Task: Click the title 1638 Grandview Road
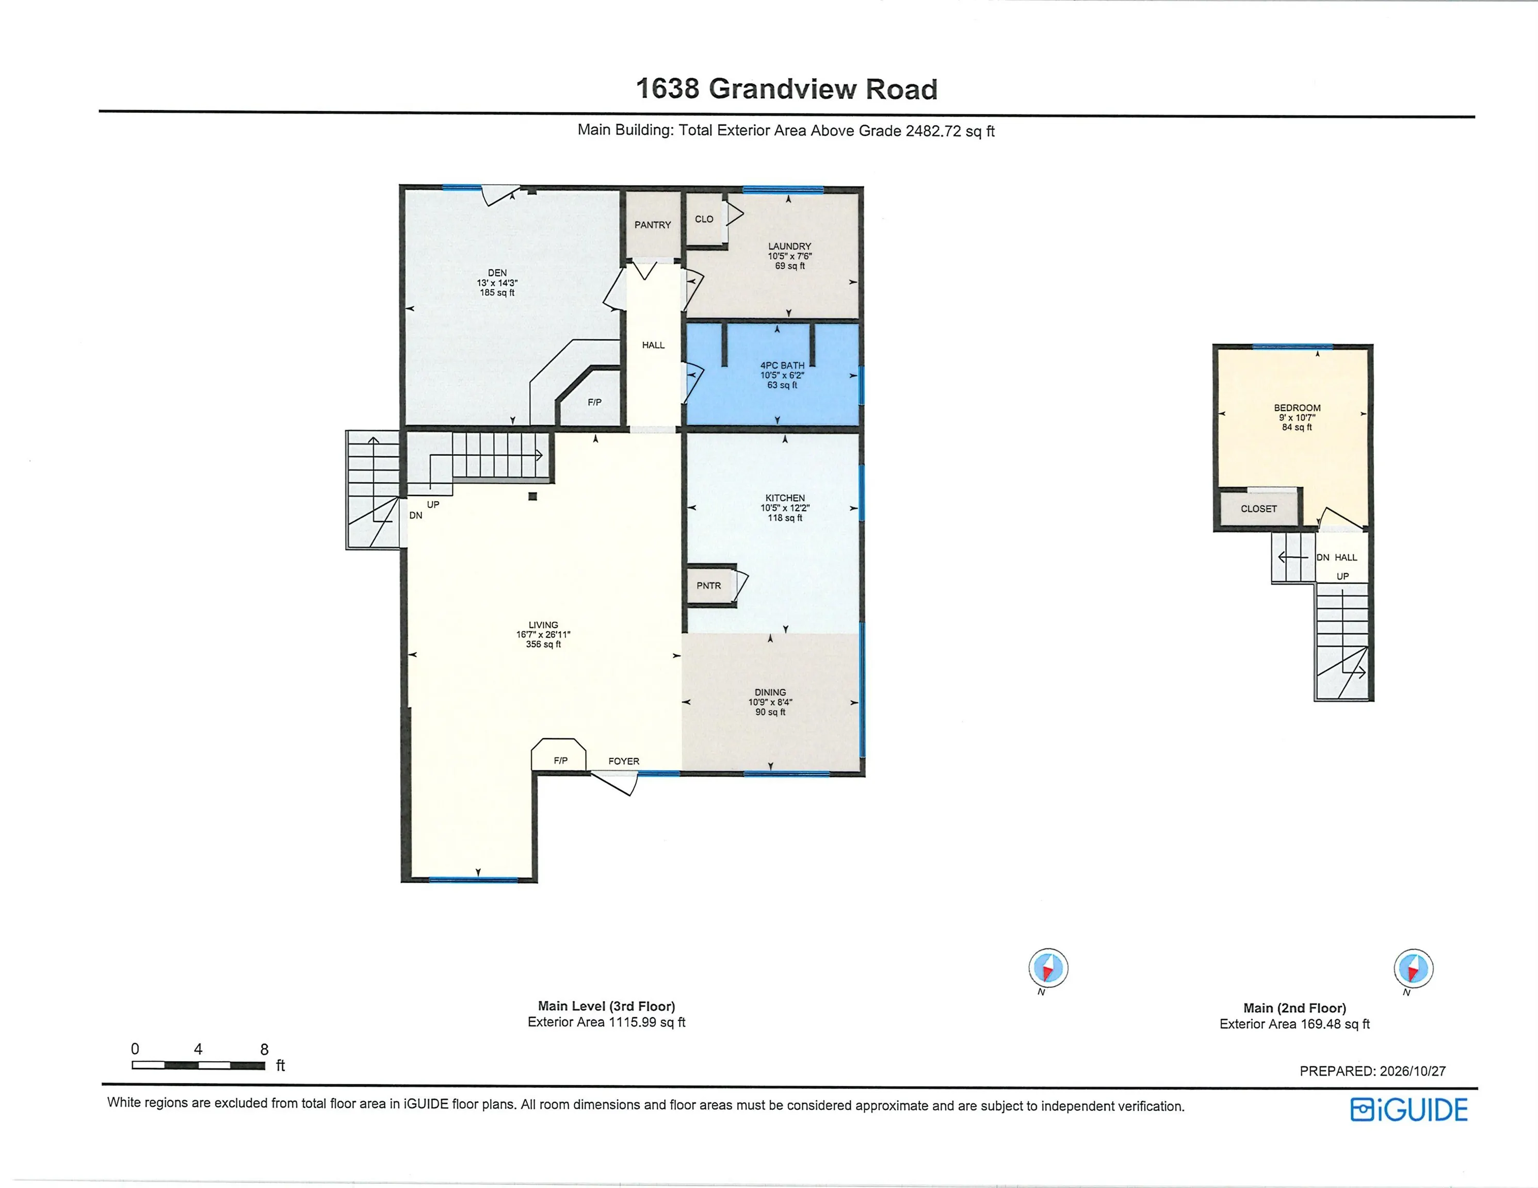click(x=787, y=89)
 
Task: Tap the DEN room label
click(x=497, y=273)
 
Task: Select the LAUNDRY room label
click(x=789, y=246)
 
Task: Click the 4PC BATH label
click(x=782, y=365)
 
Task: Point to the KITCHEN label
click(x=785, y=498)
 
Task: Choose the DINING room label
click(x=770, y=692)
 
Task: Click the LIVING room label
click(x=543, y=625)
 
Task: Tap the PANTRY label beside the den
click(x=653, y=225)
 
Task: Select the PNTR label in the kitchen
click(x=709, y=586)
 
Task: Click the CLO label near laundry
click(x=704, y=219)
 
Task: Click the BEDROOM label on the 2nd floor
click(x=1297, y=407)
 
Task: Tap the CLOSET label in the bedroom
click(x=1259, y=509)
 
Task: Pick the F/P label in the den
click(x=595, y=403)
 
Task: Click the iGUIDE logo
click(x=1409, y=1110)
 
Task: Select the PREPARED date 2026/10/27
click(x=1413, y=1071)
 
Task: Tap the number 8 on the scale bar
click(x=265, y=1049)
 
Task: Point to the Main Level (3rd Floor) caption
click(x=606, y=1006)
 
